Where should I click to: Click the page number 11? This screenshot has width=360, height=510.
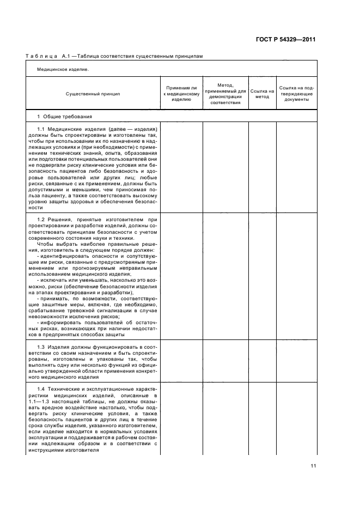(313, 465)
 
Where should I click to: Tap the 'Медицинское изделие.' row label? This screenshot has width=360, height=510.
(63, 69)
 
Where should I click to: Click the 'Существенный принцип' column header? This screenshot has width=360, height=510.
(93, 94)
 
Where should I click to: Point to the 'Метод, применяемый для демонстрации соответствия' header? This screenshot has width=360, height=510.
(225, 94)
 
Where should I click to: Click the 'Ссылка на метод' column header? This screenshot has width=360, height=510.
(262, 94)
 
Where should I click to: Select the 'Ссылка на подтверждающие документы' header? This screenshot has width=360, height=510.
(296, 94)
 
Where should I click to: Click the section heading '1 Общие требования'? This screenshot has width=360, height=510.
(64, 117)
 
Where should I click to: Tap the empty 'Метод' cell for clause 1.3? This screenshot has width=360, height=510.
(225, 361)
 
